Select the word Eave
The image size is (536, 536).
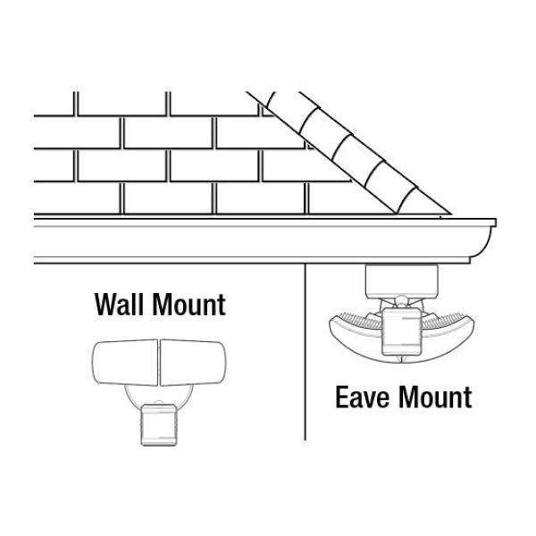[362, 396]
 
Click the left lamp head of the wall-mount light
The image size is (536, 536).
[124, 365]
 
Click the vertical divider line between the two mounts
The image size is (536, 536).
[306, 357]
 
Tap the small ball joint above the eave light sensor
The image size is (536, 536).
[402, 303]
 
